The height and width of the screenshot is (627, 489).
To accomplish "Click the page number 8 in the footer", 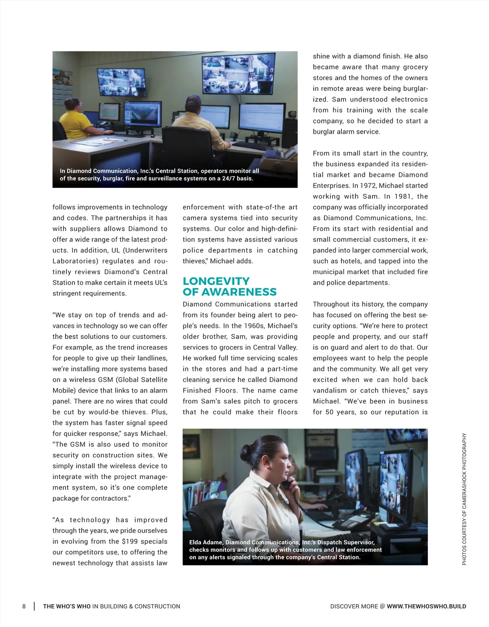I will pyautogui.click(x=24, y=606).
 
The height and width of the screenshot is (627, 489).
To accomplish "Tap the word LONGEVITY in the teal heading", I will pyautogui.click(x=216, y=281).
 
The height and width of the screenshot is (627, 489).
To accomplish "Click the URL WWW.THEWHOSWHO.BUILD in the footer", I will pyautogui.click(x=426, y=606).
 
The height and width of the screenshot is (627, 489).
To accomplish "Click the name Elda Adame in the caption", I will pyautogui.click(x=206, y=542).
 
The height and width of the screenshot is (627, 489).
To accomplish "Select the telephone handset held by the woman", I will pyautogui.click(x=287, y=483).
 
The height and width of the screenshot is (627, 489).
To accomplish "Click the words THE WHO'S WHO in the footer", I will pyautogui.click(x=67, y=606).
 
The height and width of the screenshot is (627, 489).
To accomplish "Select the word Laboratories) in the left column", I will pyautogui.click(x=75, y=261).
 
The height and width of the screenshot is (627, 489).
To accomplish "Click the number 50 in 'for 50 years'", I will pyautogui.click(x=329, y=412).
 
